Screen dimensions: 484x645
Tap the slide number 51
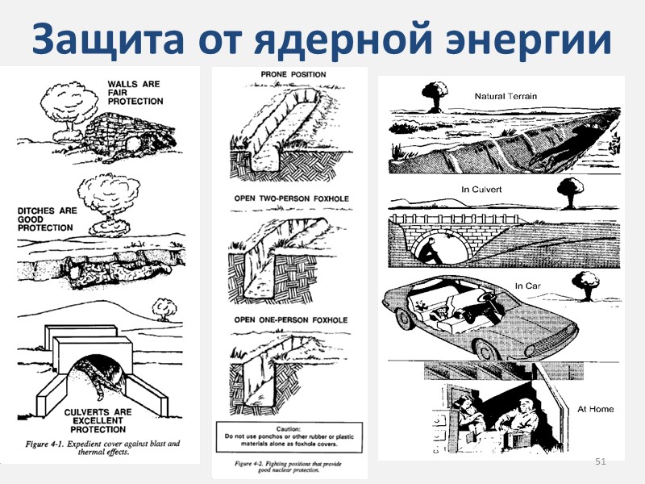[x=599, y=461]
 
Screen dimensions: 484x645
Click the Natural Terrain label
[x=506, y=96]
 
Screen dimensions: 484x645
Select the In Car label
[x=526, y=285]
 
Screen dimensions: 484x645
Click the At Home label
[x=595, y=409]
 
